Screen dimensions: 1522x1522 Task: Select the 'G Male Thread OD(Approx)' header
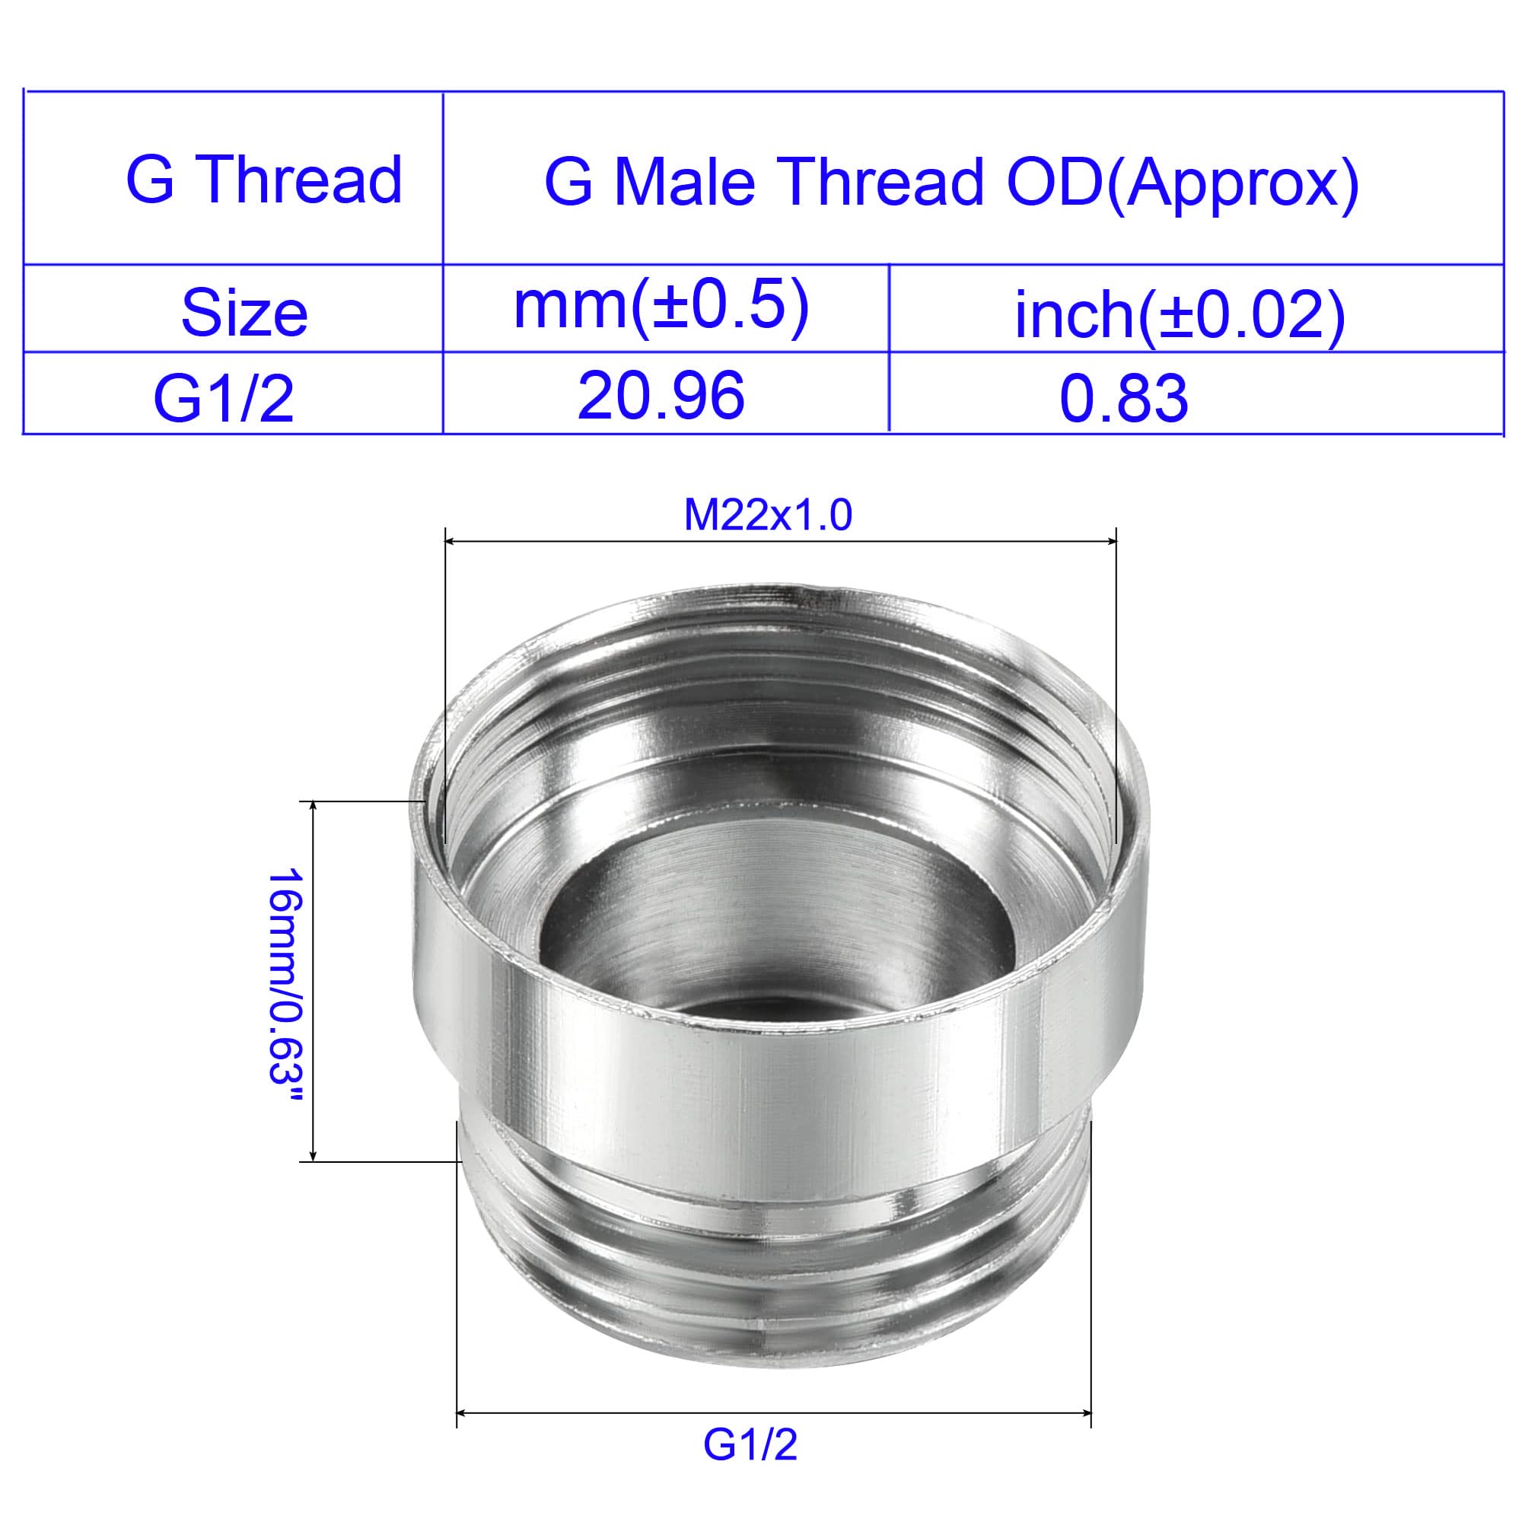(x=952, y=183)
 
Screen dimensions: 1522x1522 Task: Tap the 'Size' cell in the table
(x=244, y=314)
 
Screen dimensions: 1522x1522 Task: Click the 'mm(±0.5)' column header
(x=661, y=308)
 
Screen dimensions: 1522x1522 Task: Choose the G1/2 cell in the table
(x=224, y=399)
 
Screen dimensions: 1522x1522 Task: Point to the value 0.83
(x=1123, y=399)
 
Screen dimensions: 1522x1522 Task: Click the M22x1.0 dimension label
(x=768, y=516)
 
